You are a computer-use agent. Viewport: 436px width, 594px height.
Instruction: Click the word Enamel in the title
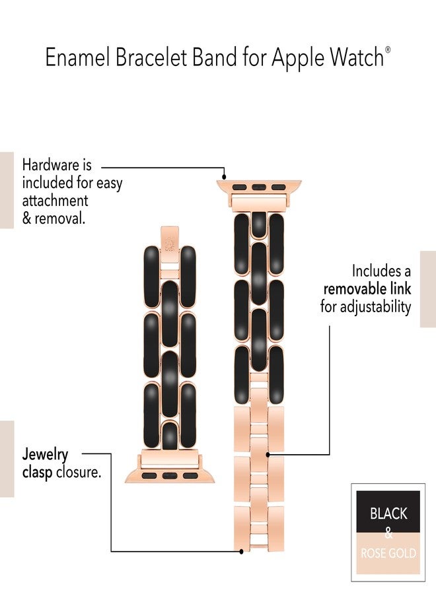pos(78,58)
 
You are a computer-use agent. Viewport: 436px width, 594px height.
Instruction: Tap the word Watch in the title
pos(357,58)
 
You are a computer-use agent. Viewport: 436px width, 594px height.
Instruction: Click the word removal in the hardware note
pos(60,218)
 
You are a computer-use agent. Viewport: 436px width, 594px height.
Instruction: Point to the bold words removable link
pos(367,289)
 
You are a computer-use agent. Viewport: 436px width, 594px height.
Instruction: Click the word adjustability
pos(375,307)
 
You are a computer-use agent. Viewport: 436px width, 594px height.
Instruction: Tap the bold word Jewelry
pos(45,455)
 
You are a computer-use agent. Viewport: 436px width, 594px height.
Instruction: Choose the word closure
pos(79,473)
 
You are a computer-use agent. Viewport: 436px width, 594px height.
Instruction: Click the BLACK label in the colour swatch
pos(388,513)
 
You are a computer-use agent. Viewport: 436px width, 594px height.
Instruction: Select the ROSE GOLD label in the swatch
pos(388,554)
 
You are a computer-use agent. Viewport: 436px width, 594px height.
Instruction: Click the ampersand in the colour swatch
pos(388,533)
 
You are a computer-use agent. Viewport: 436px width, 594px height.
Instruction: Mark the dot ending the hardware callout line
pos(224,176)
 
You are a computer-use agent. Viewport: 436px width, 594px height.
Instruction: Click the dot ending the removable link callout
pos(268,455)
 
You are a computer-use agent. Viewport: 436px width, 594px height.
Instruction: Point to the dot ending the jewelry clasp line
pos(242,551)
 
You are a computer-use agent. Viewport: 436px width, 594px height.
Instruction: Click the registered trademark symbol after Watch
pos(388,49)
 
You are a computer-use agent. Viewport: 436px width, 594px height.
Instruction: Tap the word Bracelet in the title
pos(151,58)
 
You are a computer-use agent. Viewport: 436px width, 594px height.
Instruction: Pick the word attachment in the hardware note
pos(55,201)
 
